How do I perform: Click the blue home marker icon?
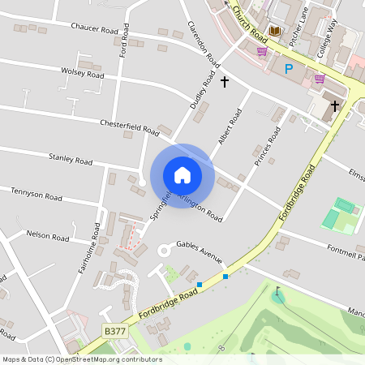182,174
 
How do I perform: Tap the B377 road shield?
115,331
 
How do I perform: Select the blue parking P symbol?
288,69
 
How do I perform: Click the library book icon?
274,31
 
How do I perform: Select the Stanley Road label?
71,159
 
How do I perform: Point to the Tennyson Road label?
36,195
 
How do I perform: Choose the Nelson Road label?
49,236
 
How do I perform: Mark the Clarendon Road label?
204,44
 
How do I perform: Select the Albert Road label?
230,127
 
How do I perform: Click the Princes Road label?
267,148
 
